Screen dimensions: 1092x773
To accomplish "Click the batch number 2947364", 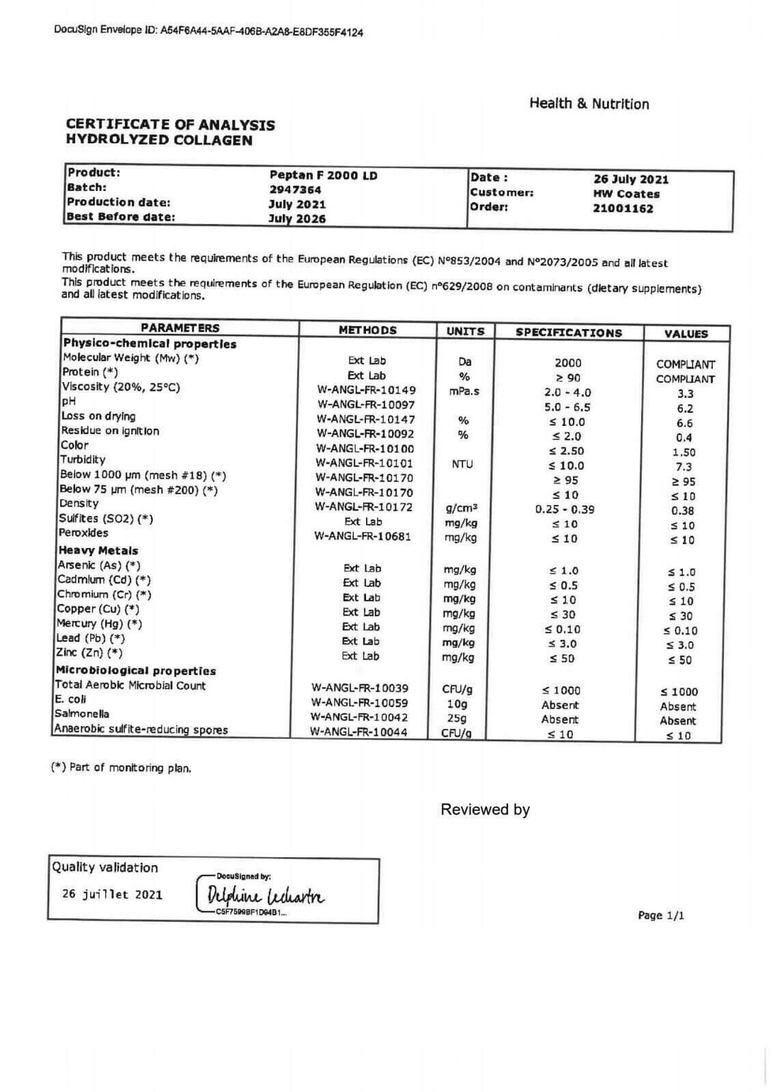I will tap(295, 190).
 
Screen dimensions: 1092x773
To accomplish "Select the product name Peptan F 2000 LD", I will tap(324, 175).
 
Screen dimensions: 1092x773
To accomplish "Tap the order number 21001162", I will tap(623, 209).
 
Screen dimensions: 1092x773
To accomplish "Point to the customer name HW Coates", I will tap(626, 194).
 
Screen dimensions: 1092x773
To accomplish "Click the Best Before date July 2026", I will tap(297, 219).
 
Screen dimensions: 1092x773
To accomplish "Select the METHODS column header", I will tap(367, 330).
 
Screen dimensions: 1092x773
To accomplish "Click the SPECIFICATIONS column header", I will tap(568, 333).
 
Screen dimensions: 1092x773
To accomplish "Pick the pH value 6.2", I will tap(685, 409).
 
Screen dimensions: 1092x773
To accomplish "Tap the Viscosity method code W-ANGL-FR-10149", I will tap(366, 390).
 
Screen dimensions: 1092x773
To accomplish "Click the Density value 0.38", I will tap(683, 511).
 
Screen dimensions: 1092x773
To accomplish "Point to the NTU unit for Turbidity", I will tap(462, 465).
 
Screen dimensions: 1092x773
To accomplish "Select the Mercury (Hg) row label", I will tap(100, 624).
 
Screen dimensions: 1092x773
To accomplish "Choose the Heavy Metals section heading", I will tap(98, 550).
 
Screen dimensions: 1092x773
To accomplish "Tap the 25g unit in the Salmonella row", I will tap(457, 719).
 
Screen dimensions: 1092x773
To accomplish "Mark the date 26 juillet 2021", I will tap(112, 895).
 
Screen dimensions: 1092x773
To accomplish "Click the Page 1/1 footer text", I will tap(660, 916).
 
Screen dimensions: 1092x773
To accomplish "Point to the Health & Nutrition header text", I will tap(589, 104).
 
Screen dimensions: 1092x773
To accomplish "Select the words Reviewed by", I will tap(485, 810).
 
